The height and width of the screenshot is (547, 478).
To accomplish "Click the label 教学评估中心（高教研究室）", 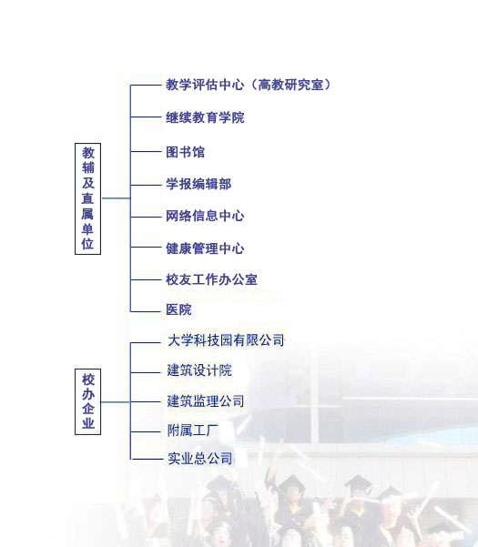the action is pos(248,85).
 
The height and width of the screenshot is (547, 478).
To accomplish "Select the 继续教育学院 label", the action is pos(205,117).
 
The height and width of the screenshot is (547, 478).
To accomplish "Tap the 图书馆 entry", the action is pos(185,152).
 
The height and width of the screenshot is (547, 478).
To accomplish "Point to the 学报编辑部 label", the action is pos(198,184).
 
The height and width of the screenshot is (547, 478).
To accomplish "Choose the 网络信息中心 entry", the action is pos(205,216).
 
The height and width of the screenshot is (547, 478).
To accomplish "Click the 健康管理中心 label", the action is pos(205,248).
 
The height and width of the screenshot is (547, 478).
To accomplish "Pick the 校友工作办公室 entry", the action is pos(212,279).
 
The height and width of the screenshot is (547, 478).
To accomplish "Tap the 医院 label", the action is pos(178,309).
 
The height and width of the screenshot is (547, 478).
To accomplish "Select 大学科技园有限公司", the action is pos(226,340).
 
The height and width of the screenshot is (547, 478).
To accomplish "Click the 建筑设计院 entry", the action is pos(199,370).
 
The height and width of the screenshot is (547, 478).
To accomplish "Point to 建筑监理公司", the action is pos(206,400).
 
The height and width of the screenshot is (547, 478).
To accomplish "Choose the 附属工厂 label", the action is pos(193,431).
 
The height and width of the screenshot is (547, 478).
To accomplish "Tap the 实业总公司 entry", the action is pos(200,458).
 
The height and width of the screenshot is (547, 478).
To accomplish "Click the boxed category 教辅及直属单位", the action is pos(88,198).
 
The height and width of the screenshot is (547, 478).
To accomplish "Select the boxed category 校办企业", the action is pos(88,402).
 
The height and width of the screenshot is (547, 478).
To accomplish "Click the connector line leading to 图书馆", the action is pos(146,151).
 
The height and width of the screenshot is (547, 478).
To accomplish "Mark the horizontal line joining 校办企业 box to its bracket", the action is pos(116,402).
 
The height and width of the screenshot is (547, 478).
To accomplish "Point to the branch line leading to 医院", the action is pos(146,311).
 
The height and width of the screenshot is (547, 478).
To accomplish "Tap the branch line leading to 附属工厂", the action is pos(146,431).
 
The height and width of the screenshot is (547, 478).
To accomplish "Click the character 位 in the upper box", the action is pos(88,244).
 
